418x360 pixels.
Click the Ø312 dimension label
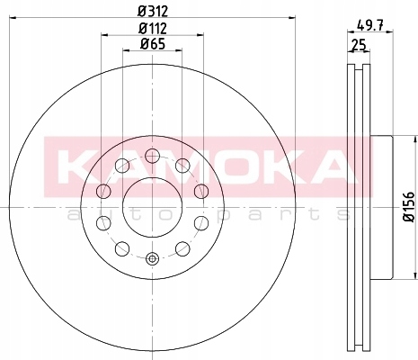click(153, 12)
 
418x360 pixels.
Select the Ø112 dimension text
click(153, 29)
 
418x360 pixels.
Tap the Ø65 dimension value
click(153, 44)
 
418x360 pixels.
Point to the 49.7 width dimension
click(370, 25)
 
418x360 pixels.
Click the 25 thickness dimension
click(359, 45)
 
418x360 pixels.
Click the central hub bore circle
click(152, 207)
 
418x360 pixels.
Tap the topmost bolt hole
click(152, 156)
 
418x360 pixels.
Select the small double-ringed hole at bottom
click(152, 258)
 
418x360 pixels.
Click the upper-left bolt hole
click(122, 166)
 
